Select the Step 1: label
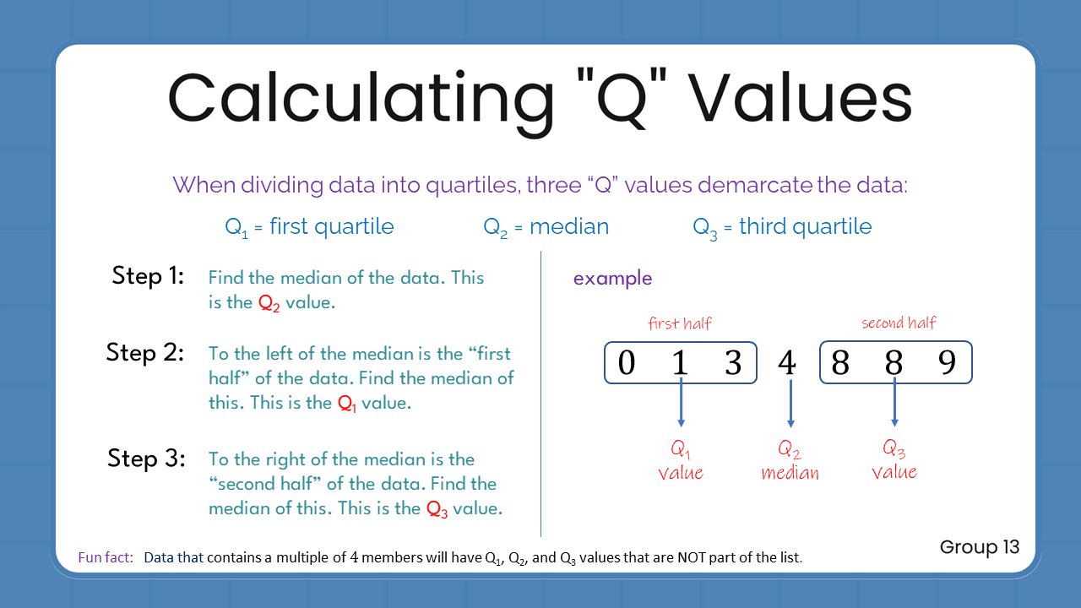148,276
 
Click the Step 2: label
145,352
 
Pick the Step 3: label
146,459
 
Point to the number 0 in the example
626,363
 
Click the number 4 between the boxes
786,363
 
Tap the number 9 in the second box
948,363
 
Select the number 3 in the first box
733,363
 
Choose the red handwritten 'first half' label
680,323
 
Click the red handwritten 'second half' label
899,323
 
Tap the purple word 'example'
612,279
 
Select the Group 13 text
980,547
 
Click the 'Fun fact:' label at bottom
106,557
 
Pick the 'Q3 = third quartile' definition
782,226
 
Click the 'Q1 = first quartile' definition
309,226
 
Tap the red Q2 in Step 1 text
269,303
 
